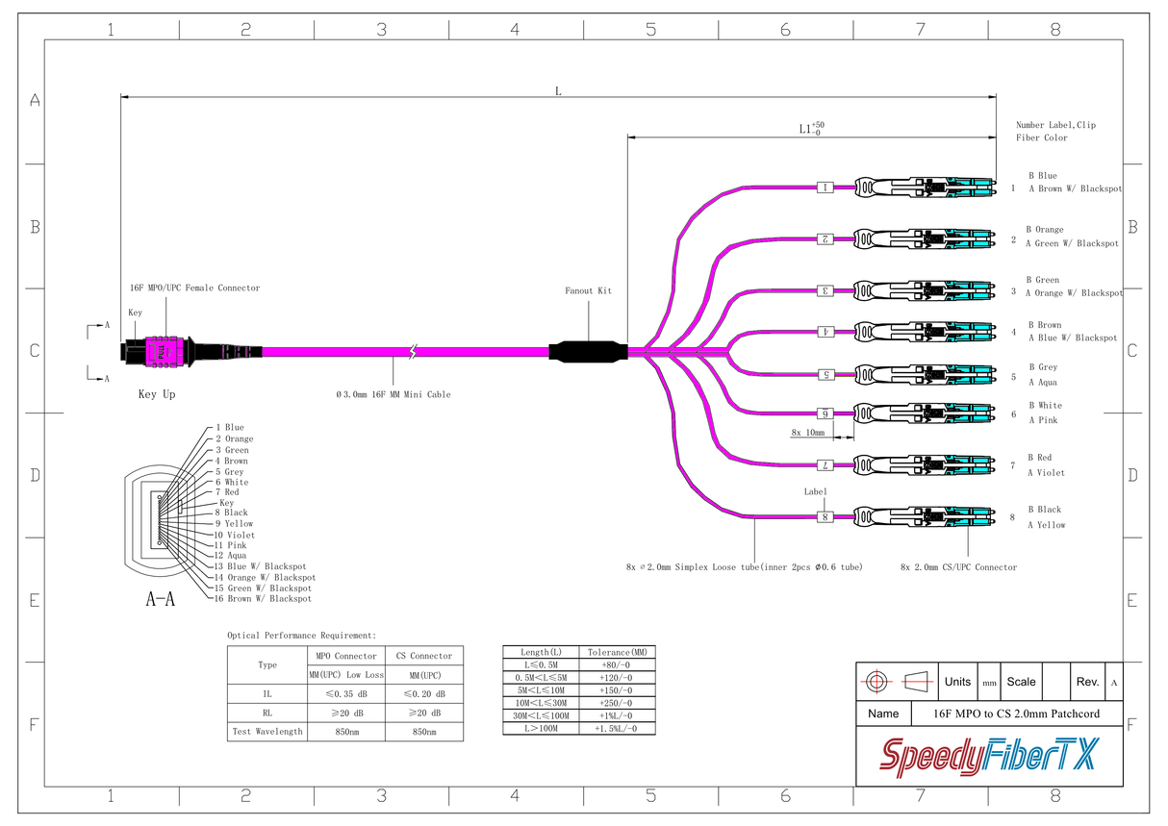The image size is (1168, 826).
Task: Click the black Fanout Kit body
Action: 587,351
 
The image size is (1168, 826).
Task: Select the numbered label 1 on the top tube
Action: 825,188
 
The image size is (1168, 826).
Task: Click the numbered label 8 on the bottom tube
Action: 825,517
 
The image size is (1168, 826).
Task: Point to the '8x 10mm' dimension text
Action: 808,433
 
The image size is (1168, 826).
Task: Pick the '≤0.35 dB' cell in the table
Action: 344,693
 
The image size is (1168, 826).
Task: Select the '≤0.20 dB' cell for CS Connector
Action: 423,693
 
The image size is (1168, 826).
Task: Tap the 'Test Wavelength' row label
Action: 267,732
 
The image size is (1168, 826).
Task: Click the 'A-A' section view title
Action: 160,600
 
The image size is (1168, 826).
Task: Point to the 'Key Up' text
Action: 157,394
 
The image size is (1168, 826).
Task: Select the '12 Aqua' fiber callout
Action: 230,556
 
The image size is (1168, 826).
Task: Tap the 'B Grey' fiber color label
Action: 1042,367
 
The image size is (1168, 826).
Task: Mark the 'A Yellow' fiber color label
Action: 1046,525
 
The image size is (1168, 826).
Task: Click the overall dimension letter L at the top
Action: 558,91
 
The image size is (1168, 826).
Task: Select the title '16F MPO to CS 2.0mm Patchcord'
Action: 1017,713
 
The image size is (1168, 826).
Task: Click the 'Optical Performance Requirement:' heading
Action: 301,636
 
